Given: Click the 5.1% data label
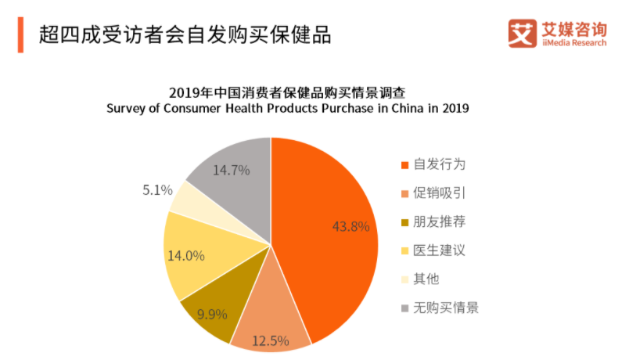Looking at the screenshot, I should coord(157,189).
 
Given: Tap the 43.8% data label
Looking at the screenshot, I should coord(350,227).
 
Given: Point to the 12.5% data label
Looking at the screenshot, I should coord(270,340).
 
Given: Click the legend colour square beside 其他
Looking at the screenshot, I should coord(404,279).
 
